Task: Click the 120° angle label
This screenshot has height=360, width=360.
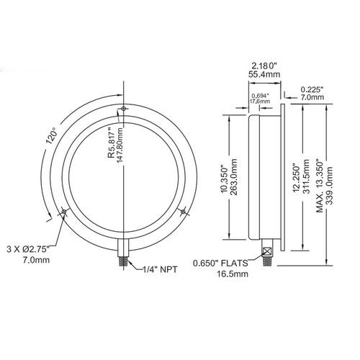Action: (50, 137)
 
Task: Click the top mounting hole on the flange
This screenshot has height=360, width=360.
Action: (124, 109)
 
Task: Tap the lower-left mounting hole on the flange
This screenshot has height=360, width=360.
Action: (65, 212)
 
